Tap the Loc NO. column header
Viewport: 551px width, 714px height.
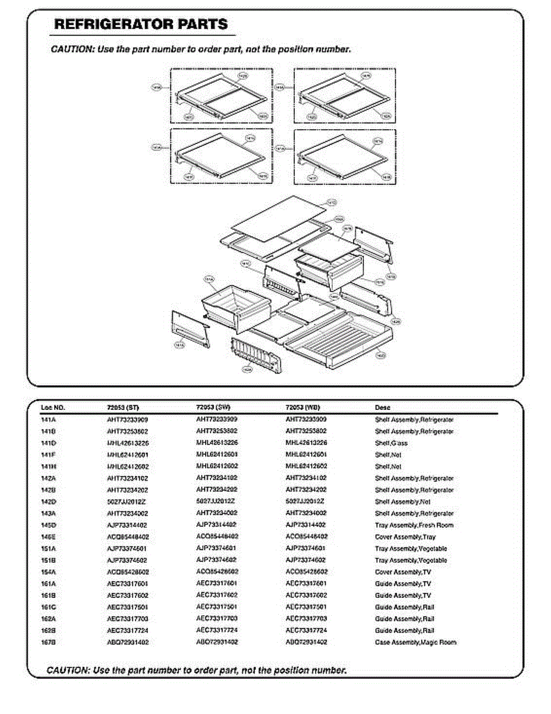pos(53,408)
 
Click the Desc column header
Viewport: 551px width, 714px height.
pos(382,408)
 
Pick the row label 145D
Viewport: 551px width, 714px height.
pos(48,525)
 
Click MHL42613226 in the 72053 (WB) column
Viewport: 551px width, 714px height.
pos(306,443)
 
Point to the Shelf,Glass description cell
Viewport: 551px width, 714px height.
pos(391,443)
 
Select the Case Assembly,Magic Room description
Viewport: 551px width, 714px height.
pos(415,643)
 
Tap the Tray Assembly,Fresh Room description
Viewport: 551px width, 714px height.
pos(414,525)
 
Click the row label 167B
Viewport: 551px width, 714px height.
pos(48,643)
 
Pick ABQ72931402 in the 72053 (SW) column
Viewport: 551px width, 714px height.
pos(217,643)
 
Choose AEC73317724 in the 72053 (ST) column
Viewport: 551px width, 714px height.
pos(127,631)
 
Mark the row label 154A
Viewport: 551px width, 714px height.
pos(48,572)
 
